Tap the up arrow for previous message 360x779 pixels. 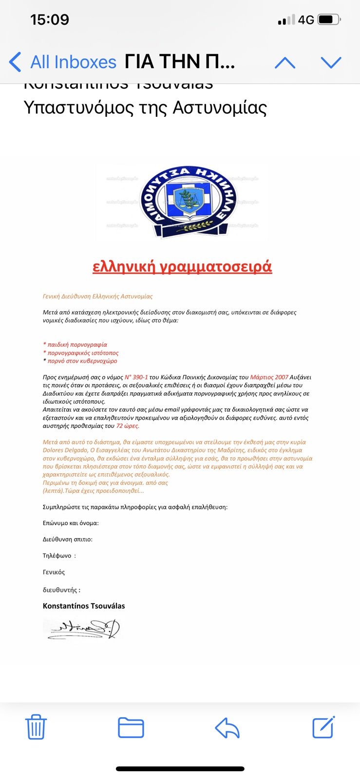pyautogui.click(x=285, y=62)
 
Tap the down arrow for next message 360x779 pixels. pyautogui.click(x=331, y=62)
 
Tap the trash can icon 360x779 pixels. pyautogui.click(x=36, y=727)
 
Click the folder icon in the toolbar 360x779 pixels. pyautogui.click(x=131, y=727)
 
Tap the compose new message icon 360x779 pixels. pyautogui.click(x=323, y=727)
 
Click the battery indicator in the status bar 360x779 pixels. pyautogui.click(x=329, y=20)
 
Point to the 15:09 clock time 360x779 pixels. pyautogui.click(x=50, y=20)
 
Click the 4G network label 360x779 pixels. pyautogui.click(x=306, y=20)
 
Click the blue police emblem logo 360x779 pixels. pyautogui.click(x=188, y=201)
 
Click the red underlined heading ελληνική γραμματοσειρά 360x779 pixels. pyautogui.click(x=182, y=267)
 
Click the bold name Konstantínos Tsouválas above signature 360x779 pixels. pyautogui.click(x=84, y=606)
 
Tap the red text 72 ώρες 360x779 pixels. pyautogui.click(x=128, y=426)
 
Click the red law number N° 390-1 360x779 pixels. pyautogui.click(x=136, y=377)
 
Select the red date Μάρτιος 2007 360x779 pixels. pyautogui.click(x=269, y=377)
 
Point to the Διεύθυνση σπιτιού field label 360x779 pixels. pyautogui.click(x=67, y=539)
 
